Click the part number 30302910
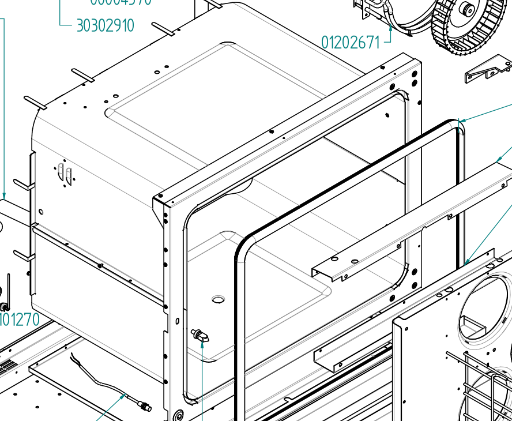105,25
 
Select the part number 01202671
351,42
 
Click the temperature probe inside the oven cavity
201,336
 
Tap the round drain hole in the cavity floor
218,299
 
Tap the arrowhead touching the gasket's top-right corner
462,121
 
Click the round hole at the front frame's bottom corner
177,414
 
